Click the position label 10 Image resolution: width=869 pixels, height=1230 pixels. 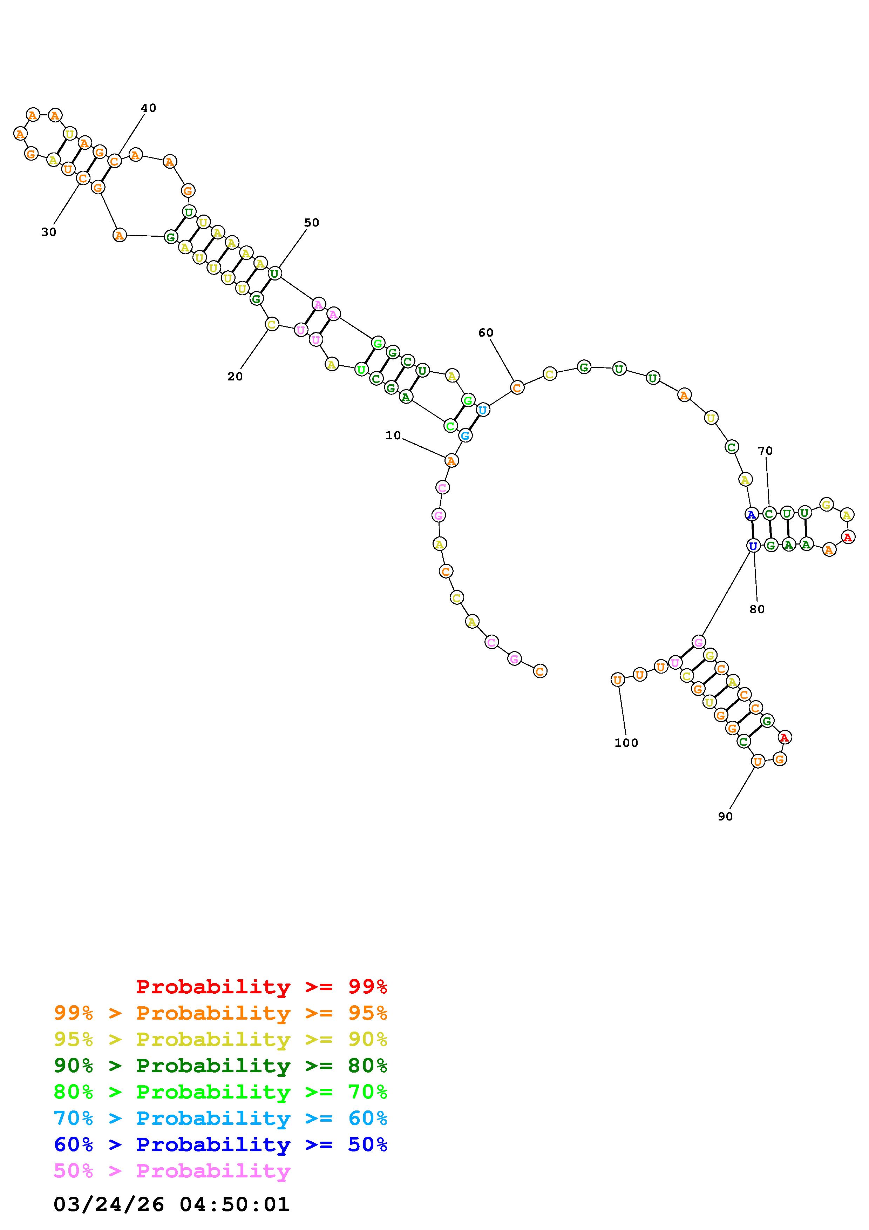click(393, 435)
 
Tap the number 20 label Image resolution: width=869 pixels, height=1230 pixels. click(235, 377)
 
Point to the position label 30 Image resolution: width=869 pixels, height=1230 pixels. click(49, 232)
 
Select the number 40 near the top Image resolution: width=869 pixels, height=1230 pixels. click(148, 108)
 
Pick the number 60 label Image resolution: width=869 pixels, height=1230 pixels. click(486, 333)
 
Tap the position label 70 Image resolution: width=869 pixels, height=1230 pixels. click(765, 451)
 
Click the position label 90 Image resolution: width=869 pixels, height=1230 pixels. click(725, 816)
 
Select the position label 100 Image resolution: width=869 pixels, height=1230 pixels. click(626, 743)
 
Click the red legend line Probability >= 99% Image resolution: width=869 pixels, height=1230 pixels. click(262, 987)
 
